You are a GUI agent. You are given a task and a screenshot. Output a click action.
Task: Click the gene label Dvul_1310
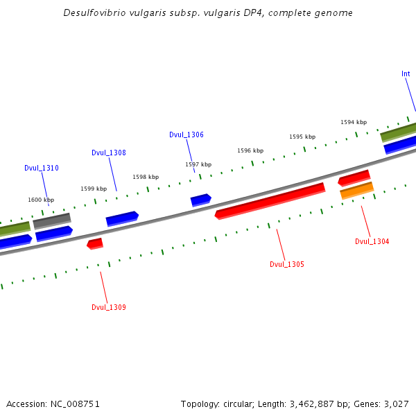tap(42, 168)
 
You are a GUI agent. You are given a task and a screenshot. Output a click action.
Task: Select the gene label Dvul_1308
tap(109, 153)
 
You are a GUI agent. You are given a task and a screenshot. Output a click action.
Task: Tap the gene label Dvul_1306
tap(187, 135)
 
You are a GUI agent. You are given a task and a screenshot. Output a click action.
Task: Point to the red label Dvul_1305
tap(286, 264)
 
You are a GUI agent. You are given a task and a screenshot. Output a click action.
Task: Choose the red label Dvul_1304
tap(372, 241)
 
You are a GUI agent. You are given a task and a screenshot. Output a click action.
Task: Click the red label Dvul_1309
tap(109, 307)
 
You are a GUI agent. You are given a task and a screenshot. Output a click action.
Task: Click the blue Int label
tap(406, 74)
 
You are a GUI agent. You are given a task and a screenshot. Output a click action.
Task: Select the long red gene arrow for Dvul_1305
tap(270, 200)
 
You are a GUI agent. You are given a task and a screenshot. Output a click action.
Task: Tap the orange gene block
tap(356, 190)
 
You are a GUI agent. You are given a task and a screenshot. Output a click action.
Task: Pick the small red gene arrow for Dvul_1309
tap(95, 243)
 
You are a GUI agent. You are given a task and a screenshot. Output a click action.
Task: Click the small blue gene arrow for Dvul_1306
tap(200, 200)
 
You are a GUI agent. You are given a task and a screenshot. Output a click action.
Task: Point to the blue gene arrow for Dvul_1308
tap(122, 218)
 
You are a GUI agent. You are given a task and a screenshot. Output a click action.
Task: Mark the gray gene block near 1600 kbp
tap(52, 220)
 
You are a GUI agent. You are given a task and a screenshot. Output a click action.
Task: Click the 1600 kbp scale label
tap(41, 200)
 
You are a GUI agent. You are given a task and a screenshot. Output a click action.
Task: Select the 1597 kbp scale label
tap(198, 164)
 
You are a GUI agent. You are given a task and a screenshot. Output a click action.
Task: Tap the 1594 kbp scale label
tap(353, 122)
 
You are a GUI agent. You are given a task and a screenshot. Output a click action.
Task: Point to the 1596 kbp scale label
tap(250, 150)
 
